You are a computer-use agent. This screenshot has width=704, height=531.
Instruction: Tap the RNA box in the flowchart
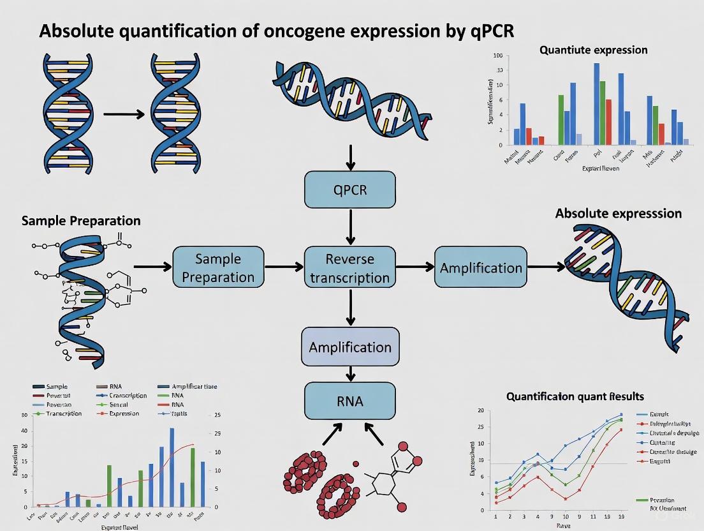350,401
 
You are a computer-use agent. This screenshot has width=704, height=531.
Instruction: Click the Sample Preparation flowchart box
218,268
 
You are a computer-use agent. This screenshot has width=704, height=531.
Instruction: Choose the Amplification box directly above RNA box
350,347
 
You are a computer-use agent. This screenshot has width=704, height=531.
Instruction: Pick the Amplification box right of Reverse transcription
481,267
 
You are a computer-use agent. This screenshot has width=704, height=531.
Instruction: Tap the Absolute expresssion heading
618,213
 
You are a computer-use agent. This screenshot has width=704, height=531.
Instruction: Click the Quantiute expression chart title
593,50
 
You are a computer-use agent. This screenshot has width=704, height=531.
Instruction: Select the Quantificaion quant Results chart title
575,396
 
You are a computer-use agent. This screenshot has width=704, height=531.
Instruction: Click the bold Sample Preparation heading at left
81,221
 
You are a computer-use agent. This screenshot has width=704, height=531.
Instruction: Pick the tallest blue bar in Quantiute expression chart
596,103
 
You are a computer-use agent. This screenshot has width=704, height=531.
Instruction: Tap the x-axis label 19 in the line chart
621,516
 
